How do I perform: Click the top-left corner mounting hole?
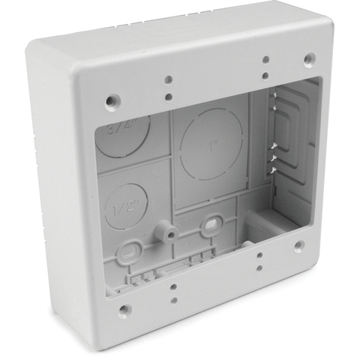click(x=112, y=98)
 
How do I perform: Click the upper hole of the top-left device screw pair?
click(x=169, y=79)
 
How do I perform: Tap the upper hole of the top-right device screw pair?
click(x=266, y=59)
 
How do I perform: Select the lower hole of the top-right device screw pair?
click(x=265, y=76)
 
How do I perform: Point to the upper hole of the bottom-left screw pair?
click(x=174, y=286)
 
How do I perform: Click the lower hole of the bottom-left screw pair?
click(x=173, y=301)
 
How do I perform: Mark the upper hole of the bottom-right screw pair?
click(x=259, y=256)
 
